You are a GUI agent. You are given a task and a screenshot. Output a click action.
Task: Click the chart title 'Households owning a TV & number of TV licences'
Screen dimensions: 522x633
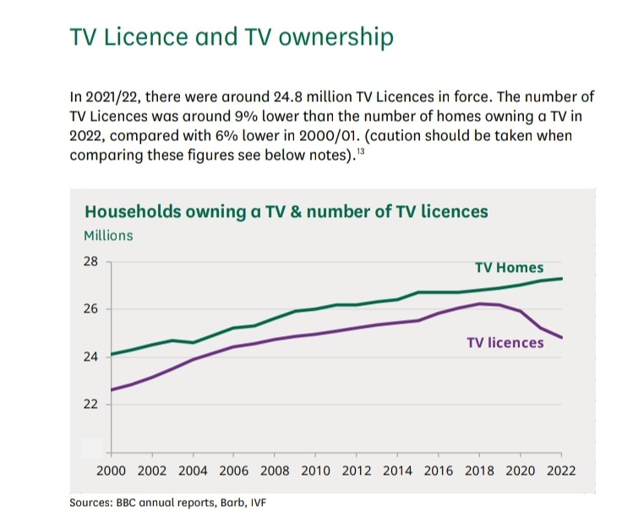coord(285,210)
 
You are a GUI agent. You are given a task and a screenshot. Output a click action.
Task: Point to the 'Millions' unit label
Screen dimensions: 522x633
coord(107,236)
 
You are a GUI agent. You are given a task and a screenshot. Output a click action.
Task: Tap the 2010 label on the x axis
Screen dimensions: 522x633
coord(314,470)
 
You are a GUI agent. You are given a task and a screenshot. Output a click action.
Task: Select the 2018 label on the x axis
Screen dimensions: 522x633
coord(479,470)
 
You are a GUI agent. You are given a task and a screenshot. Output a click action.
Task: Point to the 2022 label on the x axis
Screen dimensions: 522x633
coord(560,470)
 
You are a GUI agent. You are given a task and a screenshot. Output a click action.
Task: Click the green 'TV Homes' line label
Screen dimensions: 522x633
coord(509,268)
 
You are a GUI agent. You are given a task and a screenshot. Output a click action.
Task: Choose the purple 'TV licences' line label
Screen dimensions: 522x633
coord(505,343)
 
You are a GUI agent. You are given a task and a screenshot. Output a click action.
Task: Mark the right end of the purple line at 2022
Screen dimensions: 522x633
coord(561,338)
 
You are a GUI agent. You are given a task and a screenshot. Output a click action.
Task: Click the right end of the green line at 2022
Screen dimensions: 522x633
coord(561,279)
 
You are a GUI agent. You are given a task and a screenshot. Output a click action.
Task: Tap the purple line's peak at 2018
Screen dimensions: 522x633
coord(479,304)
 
